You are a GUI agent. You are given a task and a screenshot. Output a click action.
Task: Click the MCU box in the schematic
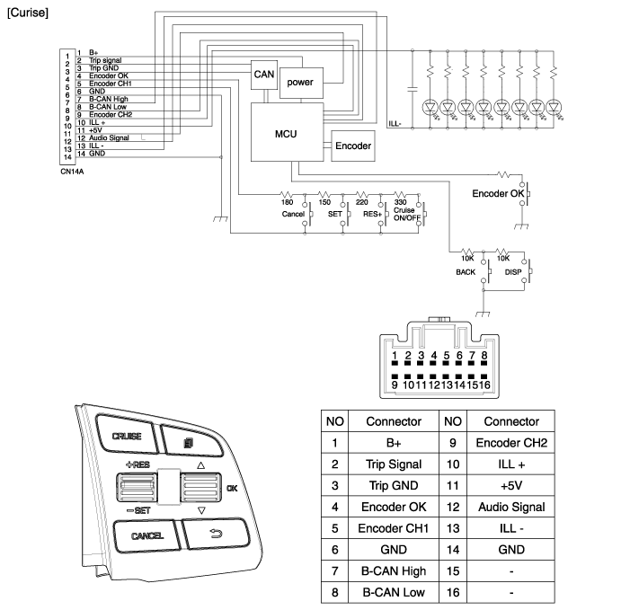click(285, 133)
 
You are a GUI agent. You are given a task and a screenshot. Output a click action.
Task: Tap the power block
click(300, 83)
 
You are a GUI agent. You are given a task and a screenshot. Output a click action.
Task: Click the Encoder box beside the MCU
click(352, 146)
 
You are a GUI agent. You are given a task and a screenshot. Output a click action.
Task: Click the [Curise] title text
click(27, 13)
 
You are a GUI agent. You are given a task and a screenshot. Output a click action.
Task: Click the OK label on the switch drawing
click(232, 489)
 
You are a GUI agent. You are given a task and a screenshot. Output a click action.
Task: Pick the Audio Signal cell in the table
click(510, 507)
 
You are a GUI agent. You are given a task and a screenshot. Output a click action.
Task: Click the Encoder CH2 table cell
click(510, 443)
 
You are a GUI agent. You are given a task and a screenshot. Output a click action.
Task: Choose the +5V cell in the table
click(510, 485)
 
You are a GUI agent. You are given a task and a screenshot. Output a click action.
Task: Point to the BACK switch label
click(466, 270)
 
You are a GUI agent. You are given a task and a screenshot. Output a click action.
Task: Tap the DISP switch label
click(514, 270)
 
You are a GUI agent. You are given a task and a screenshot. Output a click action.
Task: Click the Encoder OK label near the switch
click(497, 193)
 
